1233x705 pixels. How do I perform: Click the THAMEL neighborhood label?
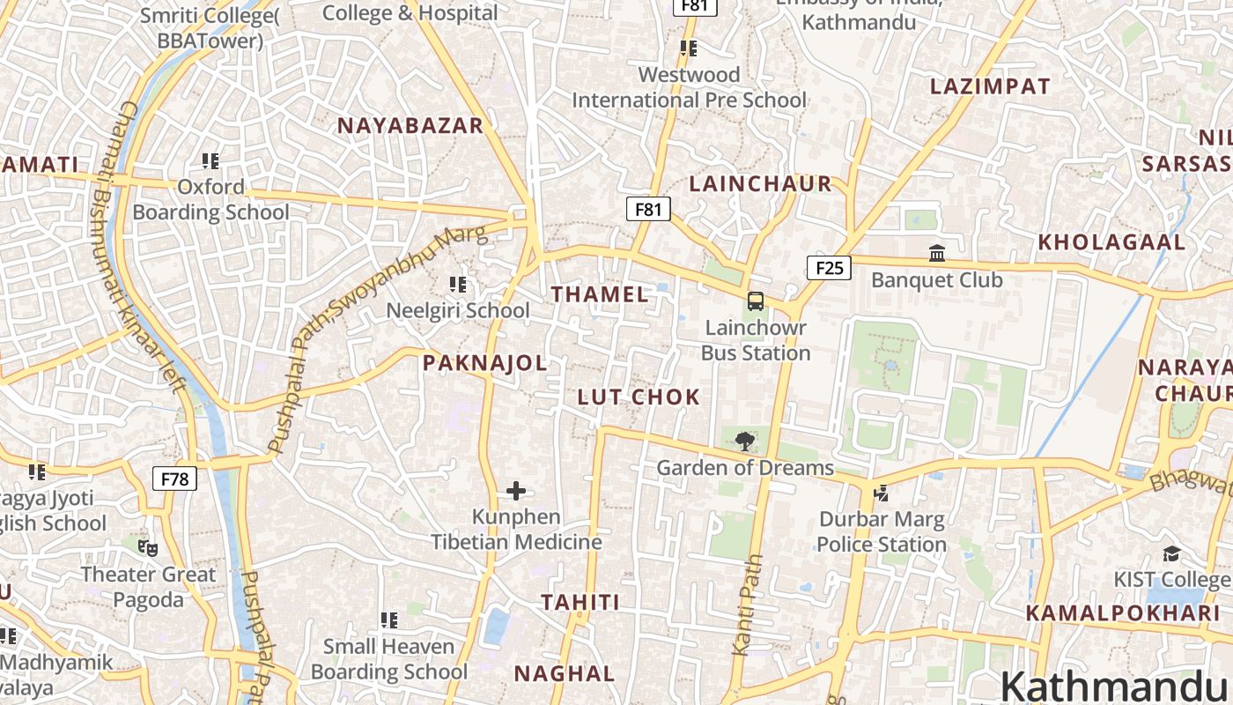tap(600, 294)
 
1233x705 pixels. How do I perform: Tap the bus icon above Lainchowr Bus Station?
tap(756, 301)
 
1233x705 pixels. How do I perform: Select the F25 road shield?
tap(830, 268)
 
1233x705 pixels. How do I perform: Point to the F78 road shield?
tap(174, 479)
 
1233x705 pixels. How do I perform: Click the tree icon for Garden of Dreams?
tap(745, 441)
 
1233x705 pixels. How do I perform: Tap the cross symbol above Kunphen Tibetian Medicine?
tap(516, 491)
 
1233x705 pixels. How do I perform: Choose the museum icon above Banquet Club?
tap(937, 254)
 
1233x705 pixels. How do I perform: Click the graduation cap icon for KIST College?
tap(1170, 553)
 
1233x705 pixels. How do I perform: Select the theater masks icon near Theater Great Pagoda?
tap(148, 548)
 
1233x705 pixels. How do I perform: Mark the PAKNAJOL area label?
tap(484, 363)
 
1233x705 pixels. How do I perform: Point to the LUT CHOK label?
tap(639, 397)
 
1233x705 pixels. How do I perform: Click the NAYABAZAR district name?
tap(410, 126)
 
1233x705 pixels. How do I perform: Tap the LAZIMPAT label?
tap(990, 86)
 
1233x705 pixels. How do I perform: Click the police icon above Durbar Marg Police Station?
tap(881, 493)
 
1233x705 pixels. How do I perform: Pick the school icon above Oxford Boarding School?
tap(210, 160)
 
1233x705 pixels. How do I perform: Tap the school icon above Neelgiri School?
tap(458, 284)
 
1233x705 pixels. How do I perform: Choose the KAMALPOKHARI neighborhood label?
tap(1115, 613)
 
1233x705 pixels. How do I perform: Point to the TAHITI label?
tap(580, 603)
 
